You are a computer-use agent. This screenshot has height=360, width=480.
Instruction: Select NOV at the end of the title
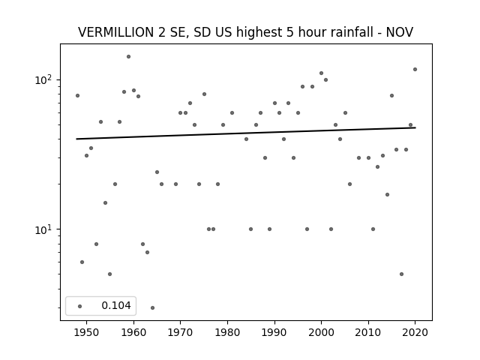coord(400,32)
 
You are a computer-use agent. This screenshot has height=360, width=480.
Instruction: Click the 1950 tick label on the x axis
coord(87,332)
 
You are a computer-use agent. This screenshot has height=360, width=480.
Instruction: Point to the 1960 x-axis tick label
coord(133,332)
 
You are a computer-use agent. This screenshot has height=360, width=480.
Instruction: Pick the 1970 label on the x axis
coord(181,332)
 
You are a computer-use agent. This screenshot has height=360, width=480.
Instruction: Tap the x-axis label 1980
coord(227,332)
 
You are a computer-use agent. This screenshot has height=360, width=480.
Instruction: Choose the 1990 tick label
coord(274,332)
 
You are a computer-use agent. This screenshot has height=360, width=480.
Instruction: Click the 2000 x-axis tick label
coord(322,332)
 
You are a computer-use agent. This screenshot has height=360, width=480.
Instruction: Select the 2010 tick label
coord(368,332)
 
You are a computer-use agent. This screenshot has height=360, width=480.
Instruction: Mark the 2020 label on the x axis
coord(415,332)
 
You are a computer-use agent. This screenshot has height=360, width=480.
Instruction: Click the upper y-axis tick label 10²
coord(45,79)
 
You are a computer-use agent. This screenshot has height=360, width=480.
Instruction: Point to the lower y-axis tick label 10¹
coord(45,229)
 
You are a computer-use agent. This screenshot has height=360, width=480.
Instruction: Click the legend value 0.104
coord(116,305)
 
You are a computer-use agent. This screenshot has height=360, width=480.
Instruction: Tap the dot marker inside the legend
coord(80,306)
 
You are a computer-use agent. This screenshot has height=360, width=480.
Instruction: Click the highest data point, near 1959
coord(128,57)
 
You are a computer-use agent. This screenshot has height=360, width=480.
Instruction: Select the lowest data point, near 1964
coord(152,307)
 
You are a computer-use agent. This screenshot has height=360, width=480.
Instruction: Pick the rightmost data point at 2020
coord(415,70)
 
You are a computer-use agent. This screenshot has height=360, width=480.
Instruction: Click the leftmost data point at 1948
coord(77,95)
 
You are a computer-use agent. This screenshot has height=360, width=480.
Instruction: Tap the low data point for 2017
coord(401,274)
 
